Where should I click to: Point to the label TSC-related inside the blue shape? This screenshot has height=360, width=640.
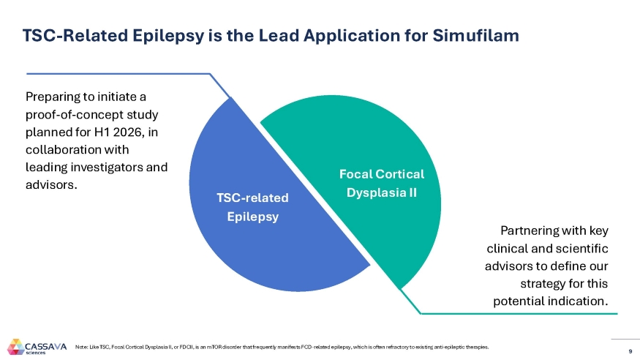point(253,198)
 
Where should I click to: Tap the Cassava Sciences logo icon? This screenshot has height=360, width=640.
point(15,345)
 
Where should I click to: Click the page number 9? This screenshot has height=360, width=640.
point(620,348)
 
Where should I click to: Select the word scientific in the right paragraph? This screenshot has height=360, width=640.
point(583,248)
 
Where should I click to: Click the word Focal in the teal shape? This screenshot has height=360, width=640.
point(356,174)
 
